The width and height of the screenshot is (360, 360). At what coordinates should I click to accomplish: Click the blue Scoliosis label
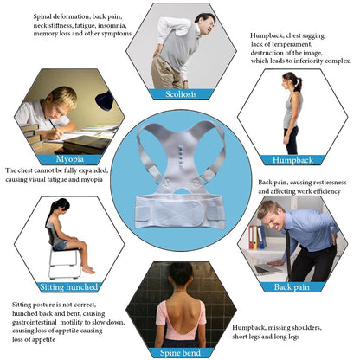pyautogui.click(x=179, y=94)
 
